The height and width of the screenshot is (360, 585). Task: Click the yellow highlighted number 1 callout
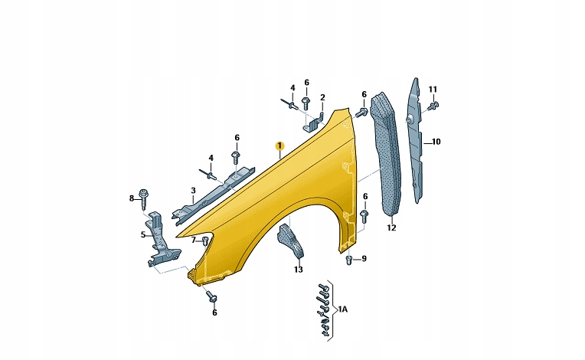(x=279, y=146)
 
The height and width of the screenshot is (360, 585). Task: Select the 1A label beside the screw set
(x=342, y=309)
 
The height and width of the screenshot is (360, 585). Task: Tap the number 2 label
(x=322, y=97)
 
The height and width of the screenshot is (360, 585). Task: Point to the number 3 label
(x=193, y=191)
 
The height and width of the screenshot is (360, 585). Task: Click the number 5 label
(x=143, y=235)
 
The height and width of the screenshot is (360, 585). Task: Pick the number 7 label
(x=193, y=241)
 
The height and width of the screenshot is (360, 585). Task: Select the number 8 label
(x=132, y=198)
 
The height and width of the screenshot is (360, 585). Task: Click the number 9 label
(x=364, y=259)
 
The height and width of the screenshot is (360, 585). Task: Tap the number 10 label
(x=436, y=142)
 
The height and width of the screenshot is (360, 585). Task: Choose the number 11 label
(x=433, y=90)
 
